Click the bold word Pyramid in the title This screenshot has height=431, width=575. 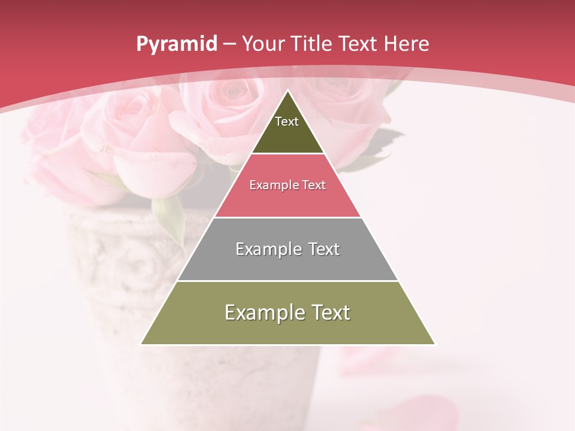[176, 44]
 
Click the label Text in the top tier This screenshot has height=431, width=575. [287, 122]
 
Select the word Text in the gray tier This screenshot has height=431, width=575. [320, 249]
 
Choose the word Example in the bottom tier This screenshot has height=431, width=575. [264, 312]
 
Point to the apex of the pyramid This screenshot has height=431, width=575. [287, 92]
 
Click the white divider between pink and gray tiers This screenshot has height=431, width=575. [287, 217]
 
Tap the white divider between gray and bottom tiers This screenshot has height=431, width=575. [287, 281]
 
